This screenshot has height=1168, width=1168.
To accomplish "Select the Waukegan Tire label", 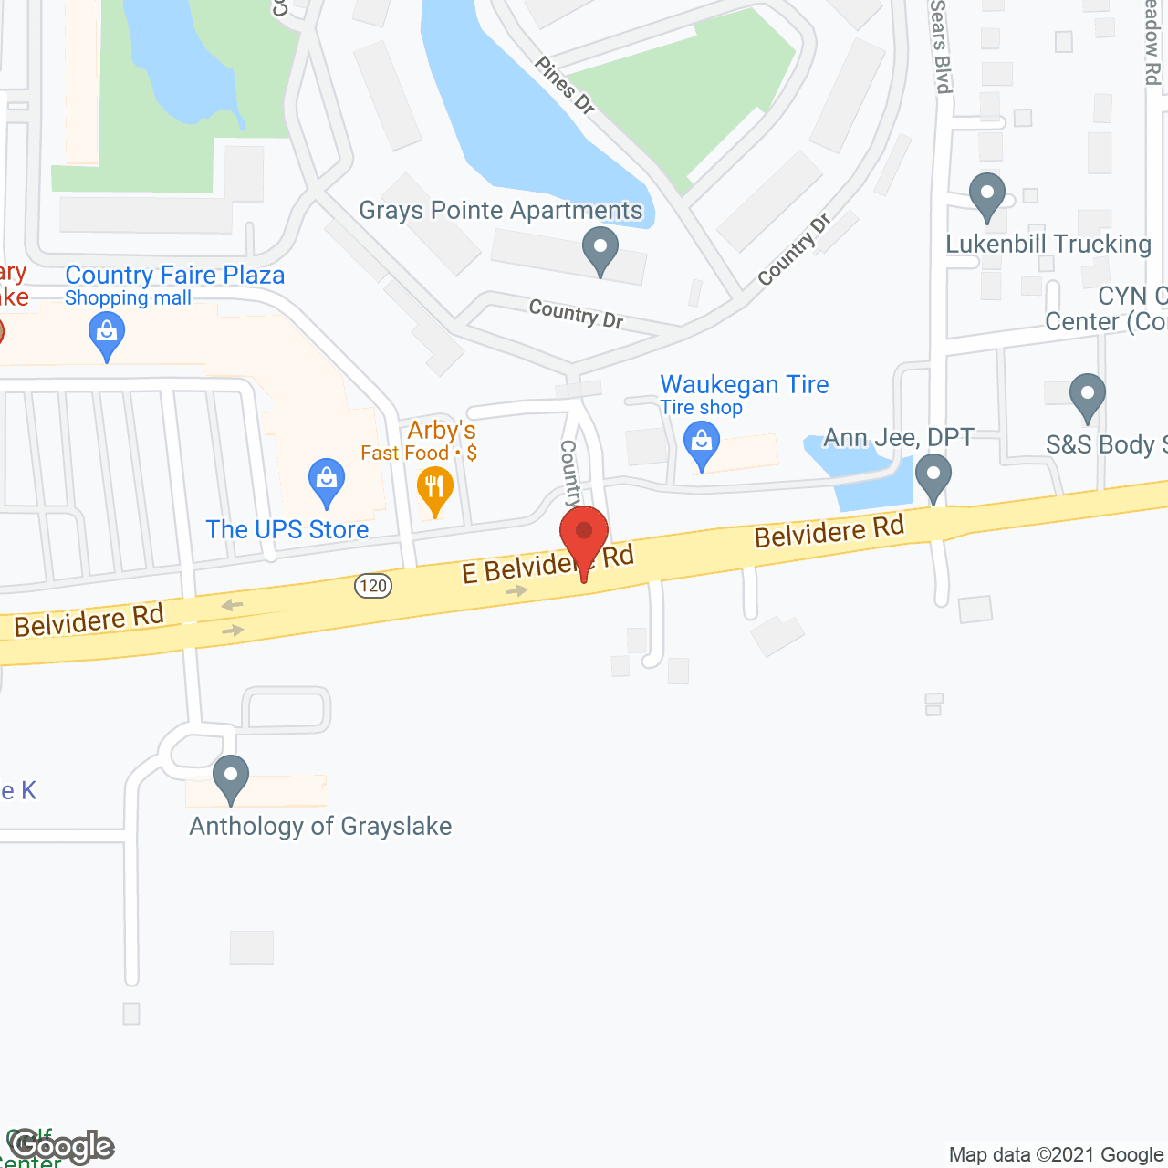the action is coord(744,385).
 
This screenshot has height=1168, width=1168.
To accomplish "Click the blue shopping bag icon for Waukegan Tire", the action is coord(702,445).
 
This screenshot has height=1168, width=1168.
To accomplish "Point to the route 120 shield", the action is coord(373,585).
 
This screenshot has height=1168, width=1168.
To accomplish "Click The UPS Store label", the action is coord(287,530).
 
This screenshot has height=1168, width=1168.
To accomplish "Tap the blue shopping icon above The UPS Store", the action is coord(326,480).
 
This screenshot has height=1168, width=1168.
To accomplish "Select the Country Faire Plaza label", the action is coord(175,276).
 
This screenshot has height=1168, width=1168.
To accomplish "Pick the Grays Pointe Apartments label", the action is coord(501,211).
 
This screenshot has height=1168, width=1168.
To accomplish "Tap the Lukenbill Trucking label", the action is coord(1048,245).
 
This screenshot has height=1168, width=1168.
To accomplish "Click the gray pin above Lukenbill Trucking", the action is coord(987,194).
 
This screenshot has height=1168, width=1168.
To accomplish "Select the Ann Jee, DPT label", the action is coord(899,438).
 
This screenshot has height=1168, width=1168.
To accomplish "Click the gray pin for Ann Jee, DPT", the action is coord(933,476).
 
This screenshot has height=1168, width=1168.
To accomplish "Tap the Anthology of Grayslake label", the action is coord(320,827).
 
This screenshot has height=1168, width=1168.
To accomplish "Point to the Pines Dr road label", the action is coord(565,86).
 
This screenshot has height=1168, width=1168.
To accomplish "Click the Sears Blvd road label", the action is coord(941,46).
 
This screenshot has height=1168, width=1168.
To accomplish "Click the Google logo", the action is coord(63,1146).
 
